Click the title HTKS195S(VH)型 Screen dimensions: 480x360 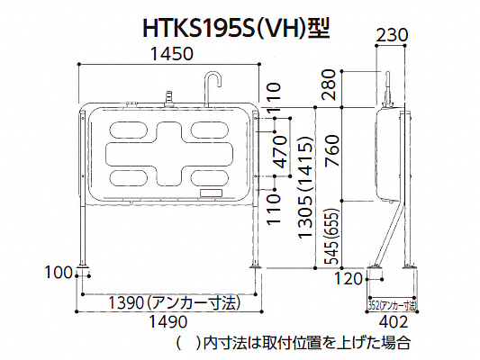(236, 30)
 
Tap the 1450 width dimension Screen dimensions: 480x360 (173, 54)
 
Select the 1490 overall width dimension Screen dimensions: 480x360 (168, 322)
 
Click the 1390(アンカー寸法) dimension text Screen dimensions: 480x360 (175, 303)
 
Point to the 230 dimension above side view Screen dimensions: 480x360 (392, 35)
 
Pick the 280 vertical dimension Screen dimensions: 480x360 (329, 85)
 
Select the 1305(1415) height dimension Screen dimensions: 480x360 (306, 186)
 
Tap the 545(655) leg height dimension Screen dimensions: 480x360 (332, 236)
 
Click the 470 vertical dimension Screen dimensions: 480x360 (280, 152)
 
